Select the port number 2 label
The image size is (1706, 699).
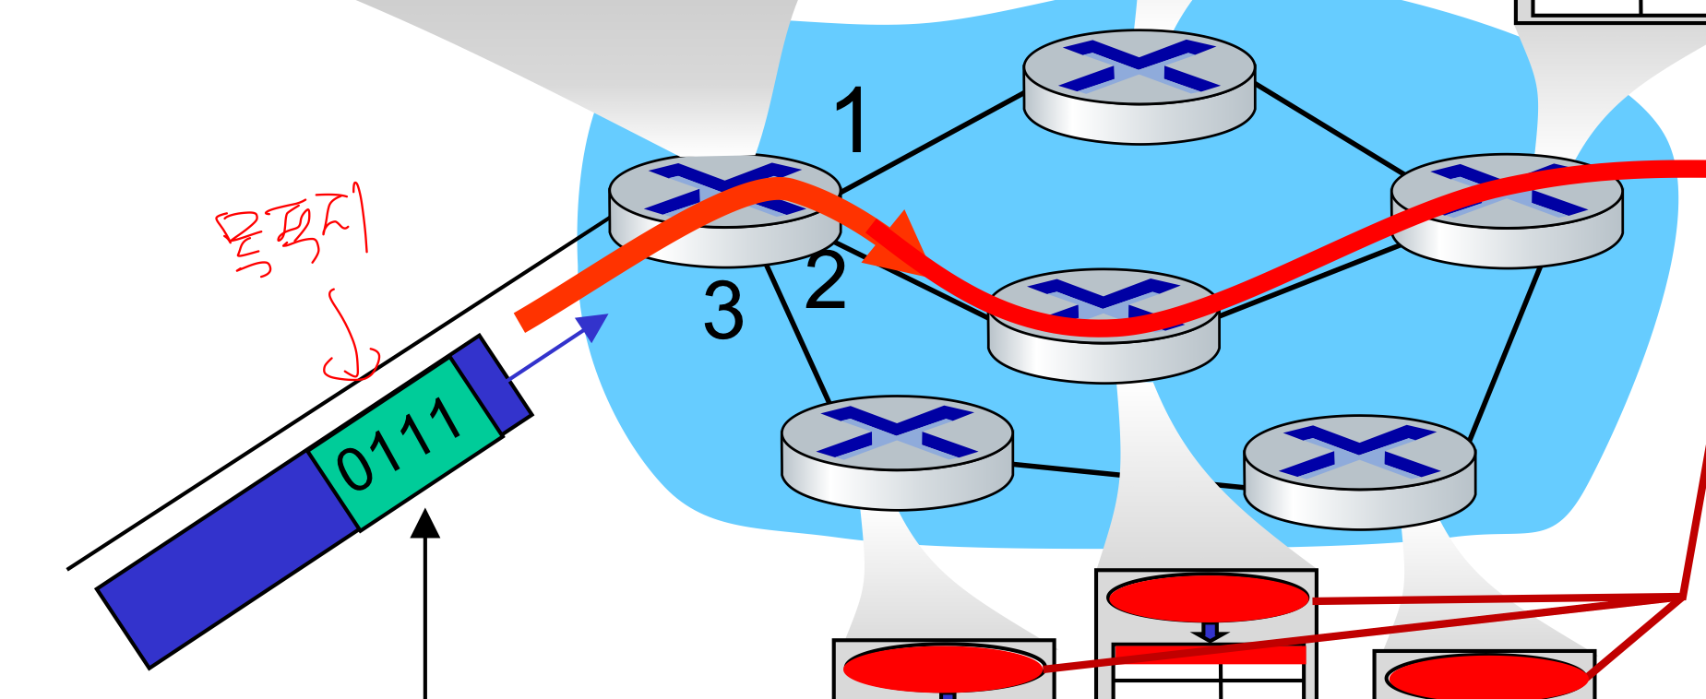point(826,281)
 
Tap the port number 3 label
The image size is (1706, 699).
point(723,311)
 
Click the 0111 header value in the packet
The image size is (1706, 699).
point(400,443)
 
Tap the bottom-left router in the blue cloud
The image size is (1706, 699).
point(897,452)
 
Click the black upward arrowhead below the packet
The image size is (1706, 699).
point(425,524)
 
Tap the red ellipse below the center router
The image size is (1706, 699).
point(1208,598)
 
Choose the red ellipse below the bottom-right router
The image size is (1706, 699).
point(1485,678)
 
